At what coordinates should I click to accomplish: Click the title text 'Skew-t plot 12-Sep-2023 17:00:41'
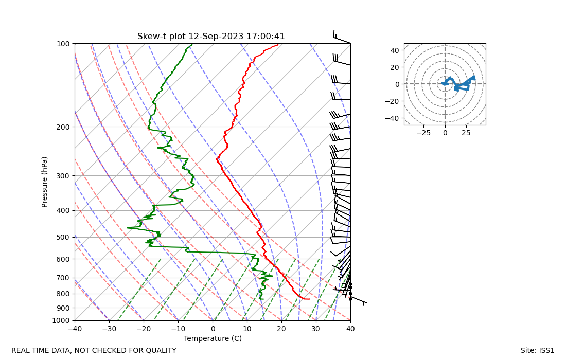(211, 37)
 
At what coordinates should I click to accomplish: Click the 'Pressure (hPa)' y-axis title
(45, 182)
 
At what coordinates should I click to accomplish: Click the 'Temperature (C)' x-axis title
(213, 338)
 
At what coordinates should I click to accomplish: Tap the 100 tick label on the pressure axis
(63, 44)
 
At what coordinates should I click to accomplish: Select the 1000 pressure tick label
(61, 321)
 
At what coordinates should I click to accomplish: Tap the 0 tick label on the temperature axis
(213, 328)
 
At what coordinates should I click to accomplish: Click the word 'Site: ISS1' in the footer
(537, 350)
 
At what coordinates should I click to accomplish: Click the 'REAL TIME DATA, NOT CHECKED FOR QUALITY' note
(94, 350)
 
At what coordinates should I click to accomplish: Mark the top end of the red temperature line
(278, 44)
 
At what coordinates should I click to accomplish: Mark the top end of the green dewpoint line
(192, 44)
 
